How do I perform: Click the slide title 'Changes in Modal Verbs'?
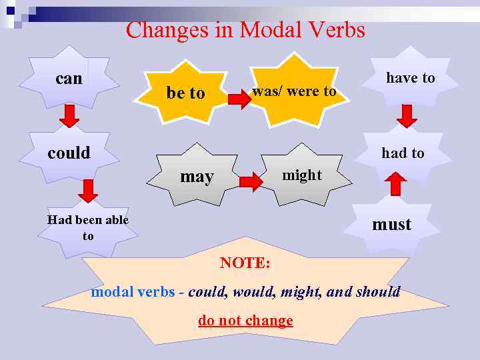tap(245, 30)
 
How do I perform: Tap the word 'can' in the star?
tap(69, 79)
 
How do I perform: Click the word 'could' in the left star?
tap(69, 153)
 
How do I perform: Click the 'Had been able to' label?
tap(88, 227)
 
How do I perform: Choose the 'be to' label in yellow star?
tap(185, 93)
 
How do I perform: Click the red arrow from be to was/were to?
tap(238, 100)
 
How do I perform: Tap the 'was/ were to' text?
tap(294, 91)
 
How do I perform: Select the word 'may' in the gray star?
tap(197, 177)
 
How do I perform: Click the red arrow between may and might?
tap(250, 181)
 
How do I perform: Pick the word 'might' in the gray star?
tap(301, 175)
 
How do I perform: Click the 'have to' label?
tap(410, 78)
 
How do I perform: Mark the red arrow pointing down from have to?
tap(407, 116)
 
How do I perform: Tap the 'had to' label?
tap(403, 153)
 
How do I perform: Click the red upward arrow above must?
tap(396, 185)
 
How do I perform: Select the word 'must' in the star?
tap(391, 225)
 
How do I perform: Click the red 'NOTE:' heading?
tap(245, 263)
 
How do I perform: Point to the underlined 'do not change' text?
tap(245, 321)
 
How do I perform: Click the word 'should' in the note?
tap(378, 291)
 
